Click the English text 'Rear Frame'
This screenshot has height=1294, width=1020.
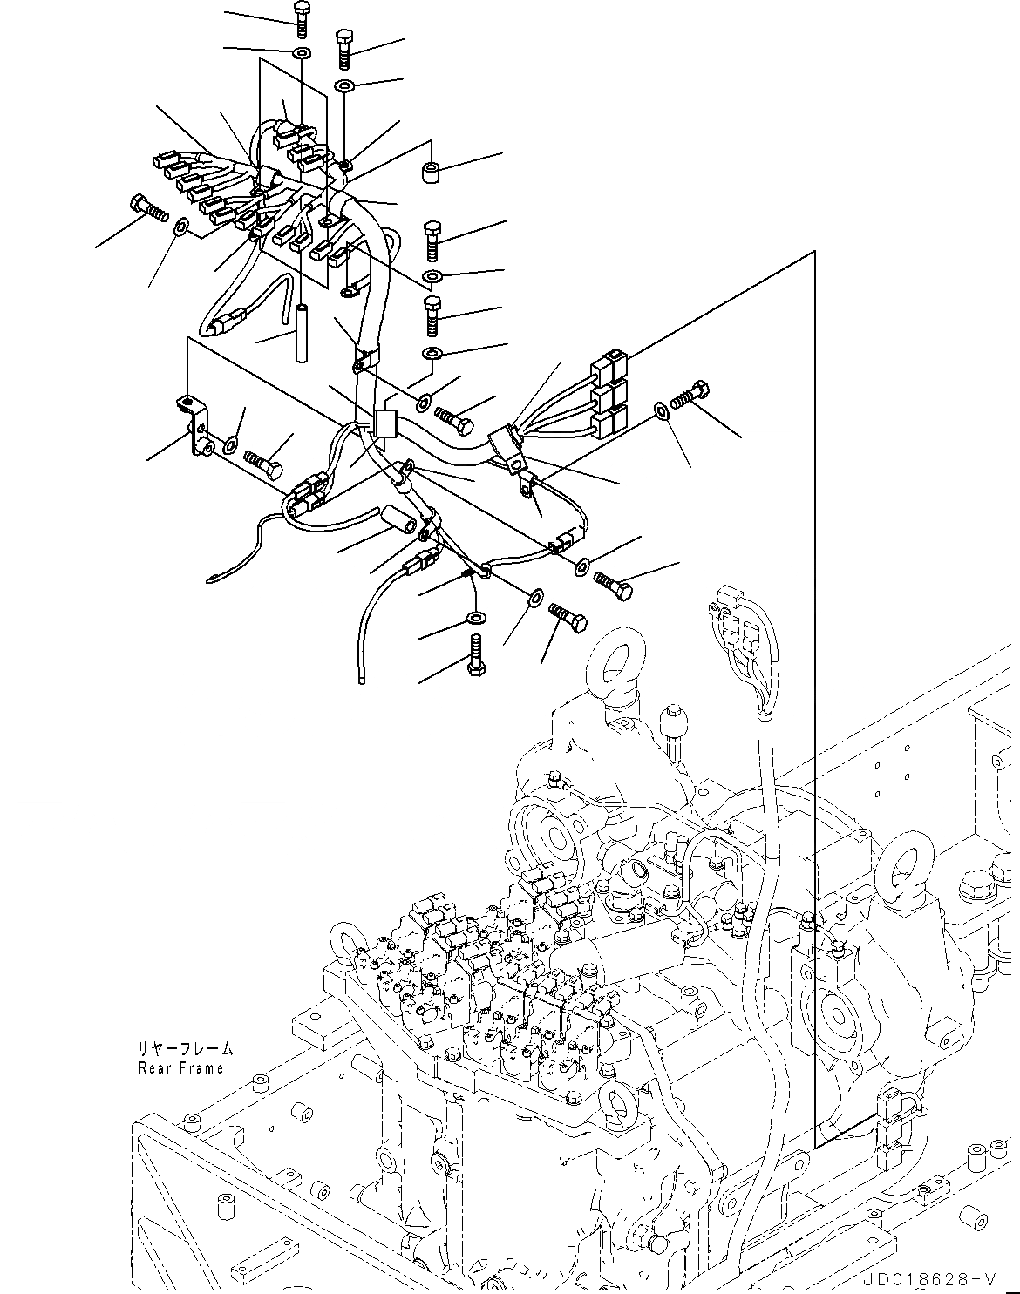(180, 1068)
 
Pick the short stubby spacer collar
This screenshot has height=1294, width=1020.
(429, 173)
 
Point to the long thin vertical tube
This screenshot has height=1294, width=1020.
(303, 335)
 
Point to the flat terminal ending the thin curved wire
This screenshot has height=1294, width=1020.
(213, 576)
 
